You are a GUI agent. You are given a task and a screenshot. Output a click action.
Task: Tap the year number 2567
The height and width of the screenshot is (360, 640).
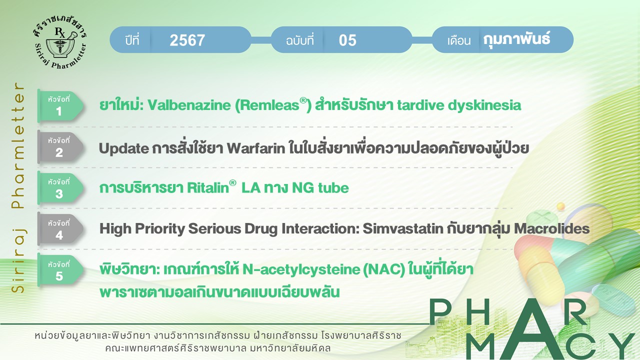187,40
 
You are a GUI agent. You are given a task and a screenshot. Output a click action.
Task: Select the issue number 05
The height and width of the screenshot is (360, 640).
347,40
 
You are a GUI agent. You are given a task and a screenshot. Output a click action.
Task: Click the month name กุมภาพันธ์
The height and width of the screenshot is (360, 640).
516,39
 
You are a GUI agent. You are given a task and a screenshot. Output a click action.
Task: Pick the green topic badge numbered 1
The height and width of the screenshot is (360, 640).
60,105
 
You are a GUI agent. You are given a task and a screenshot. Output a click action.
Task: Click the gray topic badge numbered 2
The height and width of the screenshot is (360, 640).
60,147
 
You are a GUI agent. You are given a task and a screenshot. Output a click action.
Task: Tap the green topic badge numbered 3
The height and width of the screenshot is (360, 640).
60,188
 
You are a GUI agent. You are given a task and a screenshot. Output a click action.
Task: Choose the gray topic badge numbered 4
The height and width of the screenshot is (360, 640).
60,229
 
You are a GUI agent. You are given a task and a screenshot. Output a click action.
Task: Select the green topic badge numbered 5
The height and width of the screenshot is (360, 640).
60,270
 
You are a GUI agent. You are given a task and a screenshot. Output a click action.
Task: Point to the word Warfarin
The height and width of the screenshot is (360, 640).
256,148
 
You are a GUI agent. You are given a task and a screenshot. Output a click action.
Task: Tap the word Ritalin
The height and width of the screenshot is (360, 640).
208,188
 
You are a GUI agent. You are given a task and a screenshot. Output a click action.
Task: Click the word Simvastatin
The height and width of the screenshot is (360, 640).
403,228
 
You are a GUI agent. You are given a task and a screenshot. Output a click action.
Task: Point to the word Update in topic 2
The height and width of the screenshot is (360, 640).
123,148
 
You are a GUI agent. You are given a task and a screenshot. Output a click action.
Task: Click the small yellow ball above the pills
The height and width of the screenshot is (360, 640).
561,206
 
